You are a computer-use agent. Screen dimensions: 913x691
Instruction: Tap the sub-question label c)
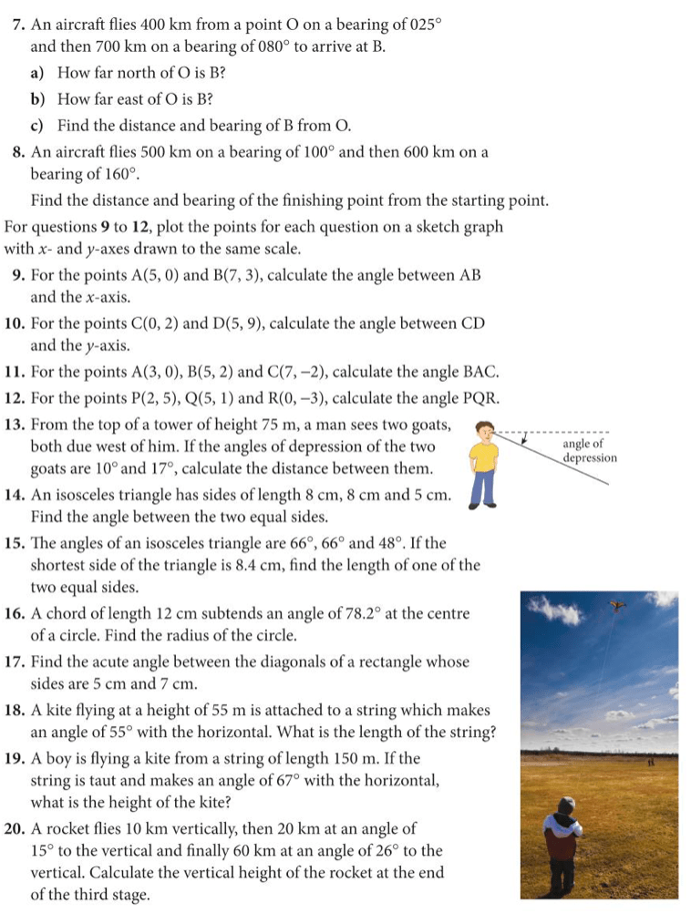[42, 124]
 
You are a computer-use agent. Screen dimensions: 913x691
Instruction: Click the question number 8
[18, 152]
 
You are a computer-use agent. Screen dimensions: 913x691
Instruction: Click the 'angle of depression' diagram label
[590, 450]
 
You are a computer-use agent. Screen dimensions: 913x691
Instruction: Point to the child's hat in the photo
[566, 805]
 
